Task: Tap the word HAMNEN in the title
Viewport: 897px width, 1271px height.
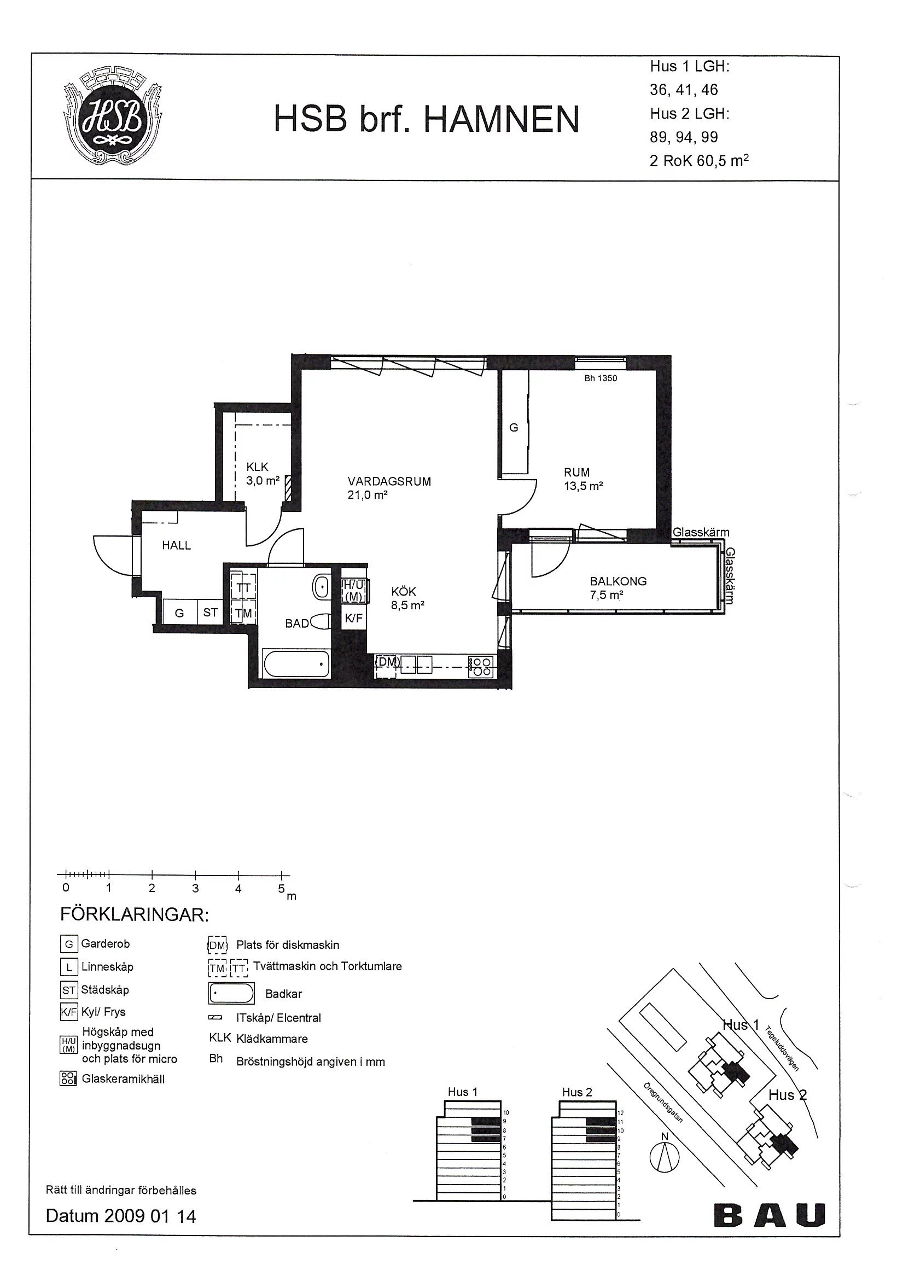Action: pyautogui.click(x=502, y=119)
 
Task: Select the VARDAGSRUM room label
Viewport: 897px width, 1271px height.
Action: pyautogui.click(x=389, y=482)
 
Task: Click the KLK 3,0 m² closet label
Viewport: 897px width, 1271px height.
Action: pyautogui.click(x=263, y=474)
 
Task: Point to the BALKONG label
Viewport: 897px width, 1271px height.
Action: pyautogui.click(x=618, y=581)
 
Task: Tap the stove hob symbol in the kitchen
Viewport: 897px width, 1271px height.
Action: pyautogui.click(x=481, y=666)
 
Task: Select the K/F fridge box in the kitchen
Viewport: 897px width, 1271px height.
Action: pyautogui.click(x=354, y=618)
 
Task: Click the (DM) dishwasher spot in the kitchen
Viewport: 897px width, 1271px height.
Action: pyautogui.click(x=388, y=662)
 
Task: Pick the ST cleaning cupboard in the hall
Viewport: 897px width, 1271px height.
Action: pyautogui.click(x=211, y=613)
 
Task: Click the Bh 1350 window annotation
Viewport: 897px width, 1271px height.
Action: pyautogui.click(x=600, y=378)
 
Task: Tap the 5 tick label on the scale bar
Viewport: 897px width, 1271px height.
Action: pyautogui.click(x=281, y=889)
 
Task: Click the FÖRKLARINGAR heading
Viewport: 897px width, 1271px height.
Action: pyautogui.click(x=134, y=915)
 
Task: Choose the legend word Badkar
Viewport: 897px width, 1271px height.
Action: pyautogui.click(x=283, y=994)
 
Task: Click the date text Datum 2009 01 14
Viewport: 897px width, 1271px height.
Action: pyautogui.click(x=121, y=1216)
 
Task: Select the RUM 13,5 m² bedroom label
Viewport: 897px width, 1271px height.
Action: pyautogui.click(x=583, y=480)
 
